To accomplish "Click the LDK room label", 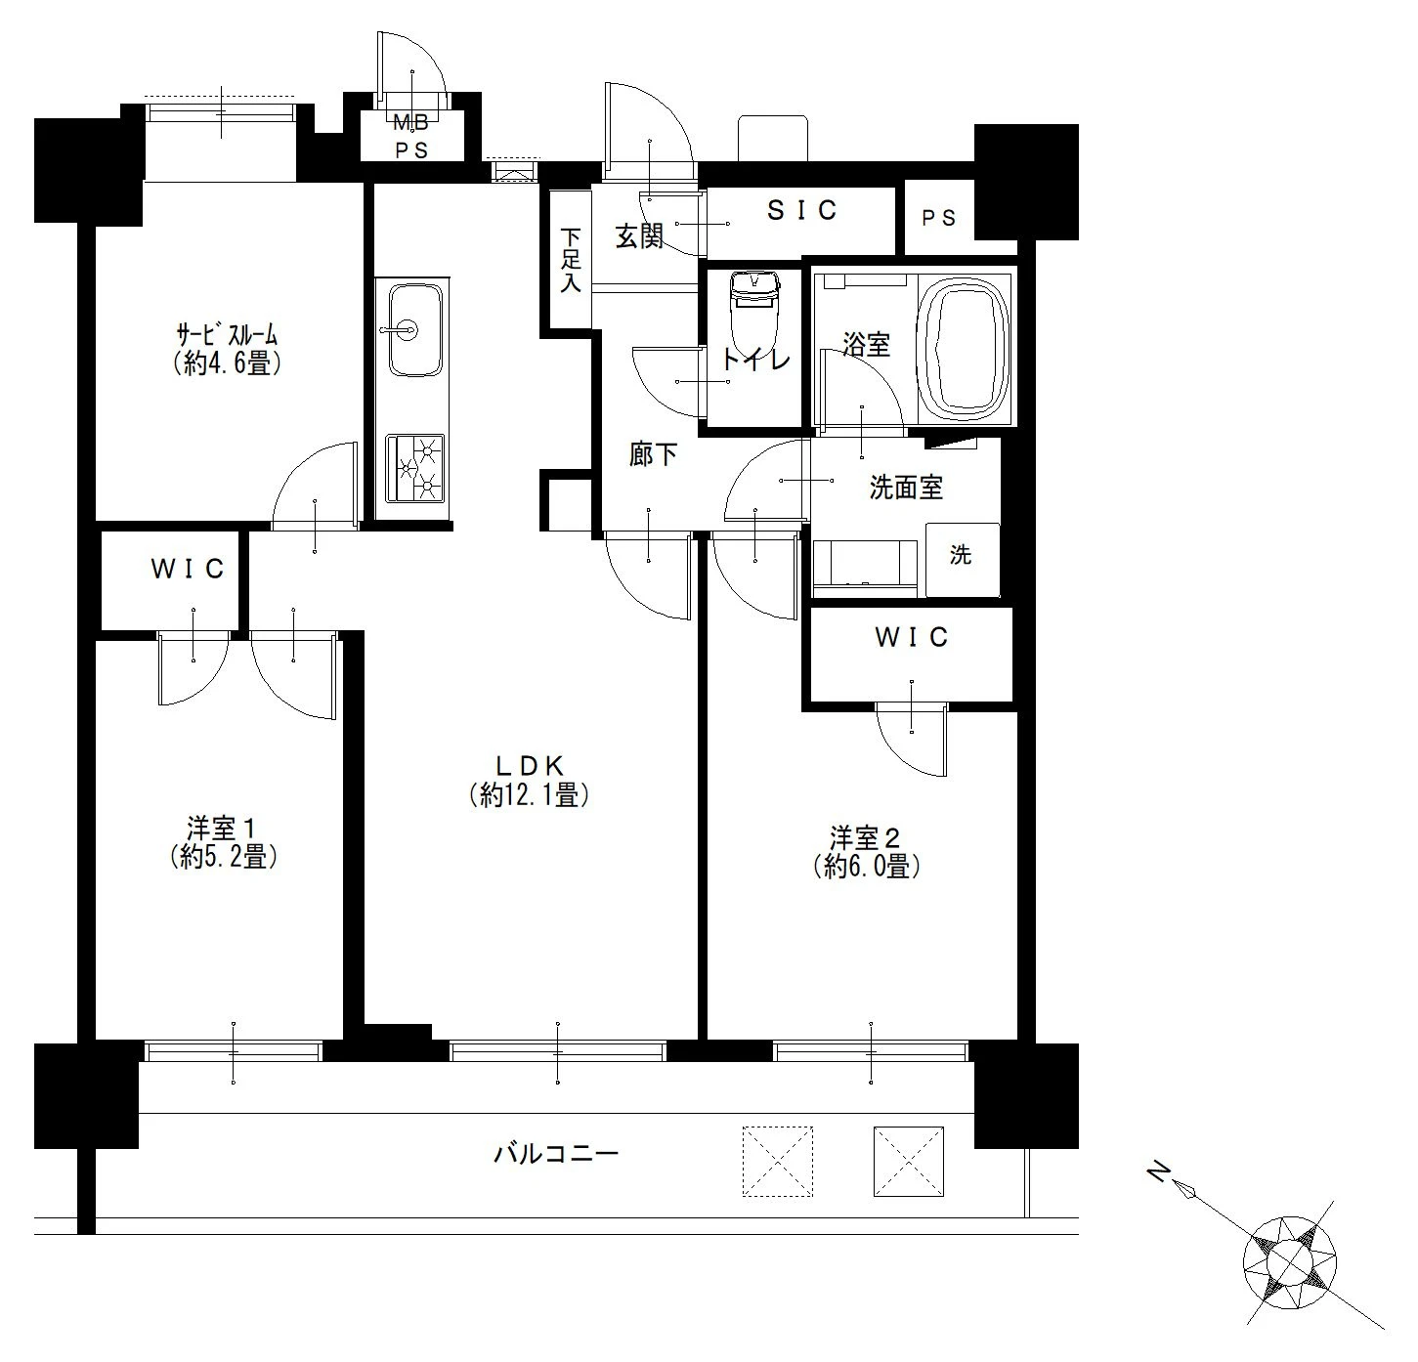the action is coord(530,765).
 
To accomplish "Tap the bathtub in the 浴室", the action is coord(964,349).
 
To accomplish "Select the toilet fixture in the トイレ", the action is coord(754,314).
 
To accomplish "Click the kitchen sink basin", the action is coord(414,329).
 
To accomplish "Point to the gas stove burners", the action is coord(414,468).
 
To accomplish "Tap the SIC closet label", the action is coord(801,210).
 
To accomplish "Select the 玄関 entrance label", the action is coord(639,236).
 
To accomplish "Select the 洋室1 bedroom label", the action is coord(220,829).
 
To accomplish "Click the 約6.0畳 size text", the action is coord(867,866).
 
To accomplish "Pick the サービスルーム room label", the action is coord(228,336).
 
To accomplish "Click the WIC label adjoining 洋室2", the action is coord(912,637).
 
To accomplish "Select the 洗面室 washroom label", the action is coord(906,488).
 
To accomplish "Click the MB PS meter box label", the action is coord(411,136).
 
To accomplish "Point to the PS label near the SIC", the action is coord(938,218).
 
